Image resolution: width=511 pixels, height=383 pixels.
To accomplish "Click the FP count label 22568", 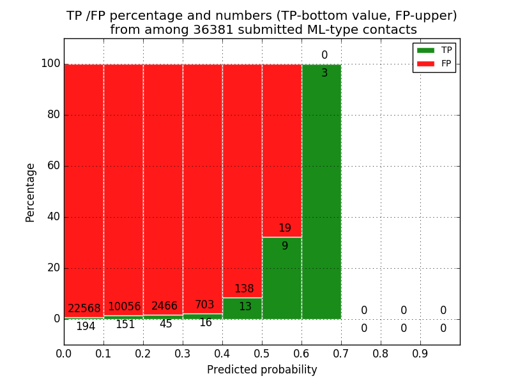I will (84, 308).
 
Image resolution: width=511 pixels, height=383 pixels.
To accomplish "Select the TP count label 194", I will (86, 327).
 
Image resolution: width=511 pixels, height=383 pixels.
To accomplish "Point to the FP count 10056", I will (124, 307).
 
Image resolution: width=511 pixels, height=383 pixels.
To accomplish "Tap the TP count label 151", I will (125, 325).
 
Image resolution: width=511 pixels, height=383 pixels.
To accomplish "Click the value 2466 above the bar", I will (164, 306).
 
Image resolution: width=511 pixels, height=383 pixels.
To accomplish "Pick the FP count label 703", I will (204, 305).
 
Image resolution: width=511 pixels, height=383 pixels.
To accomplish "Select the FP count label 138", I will (244, 289).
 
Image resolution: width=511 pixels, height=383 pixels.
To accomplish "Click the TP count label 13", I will (245, 307).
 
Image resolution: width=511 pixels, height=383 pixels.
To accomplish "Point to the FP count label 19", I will (285, 229).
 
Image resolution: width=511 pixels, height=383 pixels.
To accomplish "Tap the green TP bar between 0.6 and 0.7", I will (321, 191).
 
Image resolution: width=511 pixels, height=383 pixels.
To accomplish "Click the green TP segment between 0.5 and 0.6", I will (282, 281).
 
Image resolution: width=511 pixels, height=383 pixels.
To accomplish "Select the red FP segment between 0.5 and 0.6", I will (282, 147).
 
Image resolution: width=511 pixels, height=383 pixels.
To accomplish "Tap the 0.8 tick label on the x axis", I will (381, 353).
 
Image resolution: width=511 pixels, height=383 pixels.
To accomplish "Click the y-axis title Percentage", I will (31, 192).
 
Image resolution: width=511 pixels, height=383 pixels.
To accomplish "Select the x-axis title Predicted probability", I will (262, 370).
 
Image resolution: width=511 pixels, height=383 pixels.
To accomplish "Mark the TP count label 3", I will (324, 73).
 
